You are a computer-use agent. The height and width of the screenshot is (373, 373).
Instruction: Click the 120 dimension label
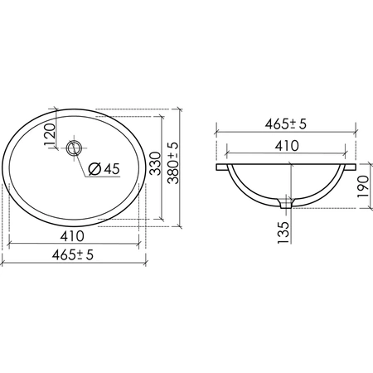click(50, 134)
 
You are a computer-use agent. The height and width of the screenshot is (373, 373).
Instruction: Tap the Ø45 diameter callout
click(104, 169)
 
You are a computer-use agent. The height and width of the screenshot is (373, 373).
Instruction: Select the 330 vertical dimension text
click(155, 163)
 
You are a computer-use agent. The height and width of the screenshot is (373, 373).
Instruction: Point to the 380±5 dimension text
click(174, 163)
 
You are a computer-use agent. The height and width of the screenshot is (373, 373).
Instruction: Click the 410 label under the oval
click(72, 236)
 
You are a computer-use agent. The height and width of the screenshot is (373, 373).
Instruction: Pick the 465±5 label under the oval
click(73, 254)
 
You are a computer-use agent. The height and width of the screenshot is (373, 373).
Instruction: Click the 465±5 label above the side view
click(286, 124)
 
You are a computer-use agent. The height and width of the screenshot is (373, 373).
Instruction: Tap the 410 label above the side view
click(287, 146)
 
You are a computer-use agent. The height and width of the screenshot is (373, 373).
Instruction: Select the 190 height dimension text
click(363, 186)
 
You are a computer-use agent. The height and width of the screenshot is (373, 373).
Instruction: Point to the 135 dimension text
click(284, 233)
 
